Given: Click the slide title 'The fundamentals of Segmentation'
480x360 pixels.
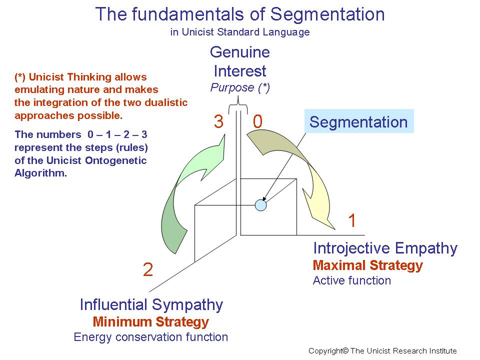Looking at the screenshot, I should [240, 14].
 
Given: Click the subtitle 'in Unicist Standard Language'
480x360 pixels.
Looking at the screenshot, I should [240, 32].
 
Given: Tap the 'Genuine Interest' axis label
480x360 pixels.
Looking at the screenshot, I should [240, 61].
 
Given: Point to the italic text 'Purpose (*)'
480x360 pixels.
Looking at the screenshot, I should [240, 87].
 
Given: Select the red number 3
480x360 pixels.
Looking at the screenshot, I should [218, 122].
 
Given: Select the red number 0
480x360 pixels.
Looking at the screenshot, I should [257, 122].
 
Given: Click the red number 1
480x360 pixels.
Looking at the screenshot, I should [352, 220].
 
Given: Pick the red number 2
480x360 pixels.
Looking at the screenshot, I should [147, 270].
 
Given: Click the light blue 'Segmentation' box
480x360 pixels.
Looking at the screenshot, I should [358, 122].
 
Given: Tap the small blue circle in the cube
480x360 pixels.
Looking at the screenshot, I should [260, 204].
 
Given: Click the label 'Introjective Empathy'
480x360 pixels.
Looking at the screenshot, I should [385, 248].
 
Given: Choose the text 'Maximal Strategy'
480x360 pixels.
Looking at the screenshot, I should [367, 265].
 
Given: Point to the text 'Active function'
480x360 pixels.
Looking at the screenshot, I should [351, 280].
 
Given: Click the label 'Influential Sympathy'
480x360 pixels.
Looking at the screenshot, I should [151, 304].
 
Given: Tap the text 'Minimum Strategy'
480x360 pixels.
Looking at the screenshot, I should [150, 321].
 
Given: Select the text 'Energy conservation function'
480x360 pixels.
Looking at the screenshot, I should [150, 337].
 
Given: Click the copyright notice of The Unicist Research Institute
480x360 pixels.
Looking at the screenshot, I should [382, 351].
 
